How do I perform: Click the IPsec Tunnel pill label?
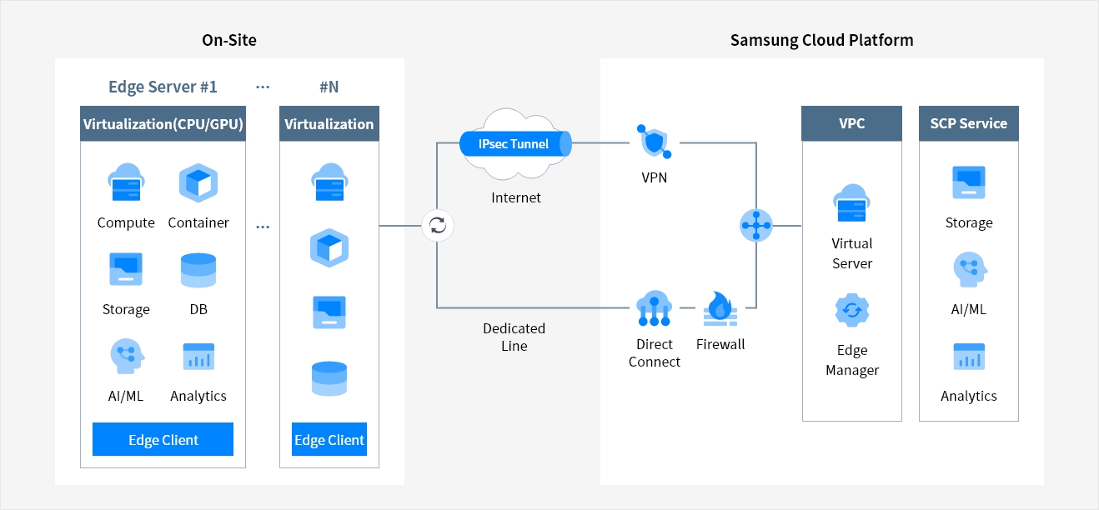click(514, 144)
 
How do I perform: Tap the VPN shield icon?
click(654, 142)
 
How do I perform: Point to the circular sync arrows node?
click(437, 225)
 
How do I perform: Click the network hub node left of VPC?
click(756, 225)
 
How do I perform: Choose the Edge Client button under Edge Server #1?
click(163, 440)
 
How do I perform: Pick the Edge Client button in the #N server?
click(329, 440)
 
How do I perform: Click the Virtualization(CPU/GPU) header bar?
click(163, 124)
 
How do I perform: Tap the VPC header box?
click(851, 123)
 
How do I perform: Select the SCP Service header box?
click(968, 123)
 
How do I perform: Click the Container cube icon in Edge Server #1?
click(198, 183)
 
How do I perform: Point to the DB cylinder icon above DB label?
click(198, 270)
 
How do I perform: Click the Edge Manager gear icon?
click(851, 311)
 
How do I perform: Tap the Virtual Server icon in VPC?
click(851, 202)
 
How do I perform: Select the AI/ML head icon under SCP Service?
click(968, 270)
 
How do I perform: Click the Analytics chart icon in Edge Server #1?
click(198, 357)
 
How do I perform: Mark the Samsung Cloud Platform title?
click(821, 40)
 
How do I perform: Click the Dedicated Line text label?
click(514, 337)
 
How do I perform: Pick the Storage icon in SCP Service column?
click(968, 182)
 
